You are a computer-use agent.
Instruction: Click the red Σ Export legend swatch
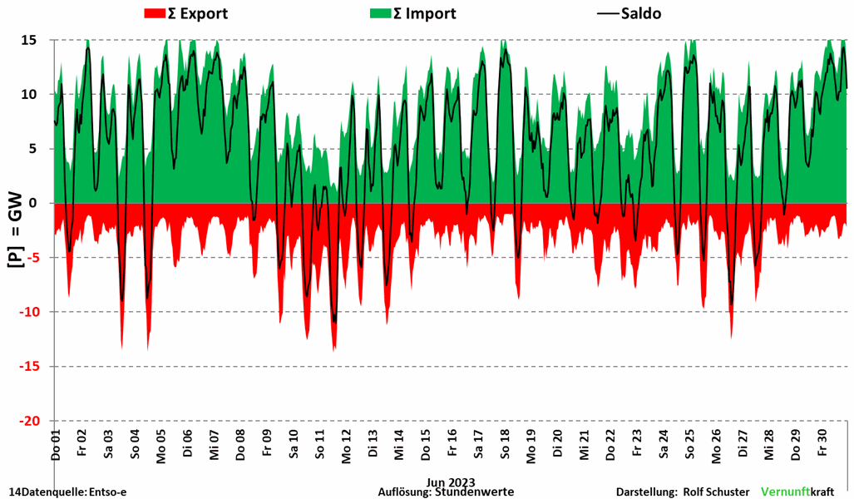(x=156, y=13)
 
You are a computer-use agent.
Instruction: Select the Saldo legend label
(x=641, y=13)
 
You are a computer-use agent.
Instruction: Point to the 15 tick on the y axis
(x=30, y=40)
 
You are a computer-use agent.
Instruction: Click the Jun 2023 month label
(x=451, y=482)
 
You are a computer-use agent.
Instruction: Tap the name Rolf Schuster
(x=716, y=492)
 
